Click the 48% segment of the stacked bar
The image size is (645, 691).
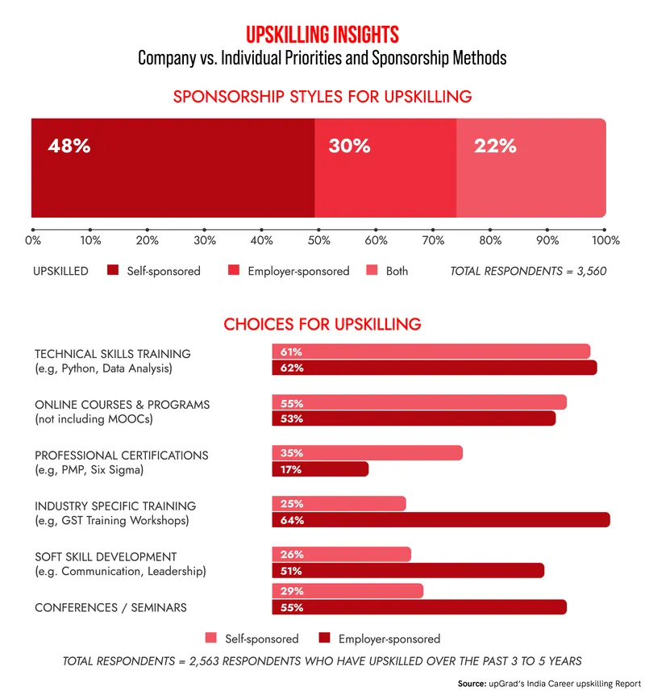[x=173, y=168]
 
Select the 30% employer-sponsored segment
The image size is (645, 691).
[x=385, y=168]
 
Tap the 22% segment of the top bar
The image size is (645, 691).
[x=531, y=168]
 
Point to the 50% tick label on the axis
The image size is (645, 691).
[x=319, y=240]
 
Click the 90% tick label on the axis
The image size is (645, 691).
[x=547, y=240]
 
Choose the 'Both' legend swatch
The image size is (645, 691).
[x=372, y=271]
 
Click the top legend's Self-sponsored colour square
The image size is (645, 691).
[x=113, y=271]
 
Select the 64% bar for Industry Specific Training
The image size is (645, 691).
[x=440, y=520]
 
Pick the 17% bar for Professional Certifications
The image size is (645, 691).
[x=320, y=469]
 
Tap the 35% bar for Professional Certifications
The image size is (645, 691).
[x=367, y=453]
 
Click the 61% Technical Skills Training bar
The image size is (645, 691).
[x=431, y=352]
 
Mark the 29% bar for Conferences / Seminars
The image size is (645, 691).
[x=347, y=591]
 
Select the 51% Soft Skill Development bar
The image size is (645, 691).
[x=408, y=571]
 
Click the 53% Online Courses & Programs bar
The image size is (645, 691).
[x=414, y=418]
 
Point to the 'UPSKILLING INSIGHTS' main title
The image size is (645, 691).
[x=322, y=35]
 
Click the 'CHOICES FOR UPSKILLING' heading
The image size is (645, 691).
[x=322, y=324]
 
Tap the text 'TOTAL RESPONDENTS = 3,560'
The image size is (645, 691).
[x=528, y=271]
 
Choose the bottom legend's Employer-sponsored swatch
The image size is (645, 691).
[x=325, y=639]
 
